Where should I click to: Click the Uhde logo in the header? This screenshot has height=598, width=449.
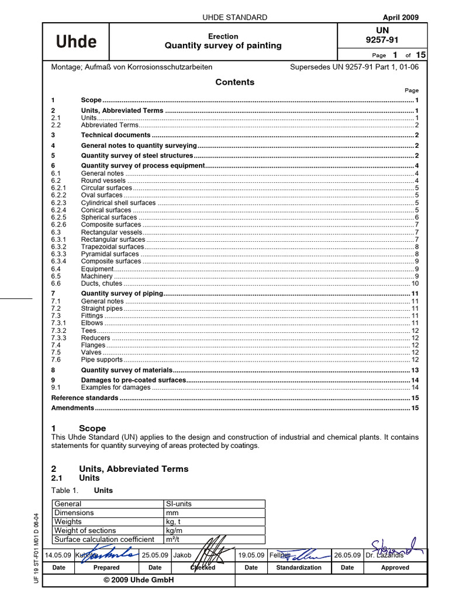[76, 41]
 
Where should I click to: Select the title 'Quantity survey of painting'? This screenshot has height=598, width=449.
[223, 46]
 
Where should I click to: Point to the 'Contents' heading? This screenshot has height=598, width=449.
[234, 82]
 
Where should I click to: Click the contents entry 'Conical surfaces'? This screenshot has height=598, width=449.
[106, 210]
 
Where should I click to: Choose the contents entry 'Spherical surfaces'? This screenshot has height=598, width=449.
[109, 217]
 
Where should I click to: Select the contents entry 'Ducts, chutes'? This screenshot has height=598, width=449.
[102, 283]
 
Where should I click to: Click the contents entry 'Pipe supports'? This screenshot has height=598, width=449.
[102, 360]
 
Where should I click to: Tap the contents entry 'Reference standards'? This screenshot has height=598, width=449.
[85, 398]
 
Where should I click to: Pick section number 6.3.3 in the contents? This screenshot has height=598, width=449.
[58, 254]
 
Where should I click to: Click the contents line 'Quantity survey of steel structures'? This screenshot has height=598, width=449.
[137, 156]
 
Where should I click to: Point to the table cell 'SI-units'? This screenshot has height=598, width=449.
[179, 504]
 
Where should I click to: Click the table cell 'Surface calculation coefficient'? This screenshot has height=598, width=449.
[104, 540]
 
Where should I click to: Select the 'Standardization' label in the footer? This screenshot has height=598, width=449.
[298, 567]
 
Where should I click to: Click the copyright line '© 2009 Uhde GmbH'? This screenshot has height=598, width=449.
[139, 580]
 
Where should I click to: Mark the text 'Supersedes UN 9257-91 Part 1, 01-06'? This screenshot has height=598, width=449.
[354, 67]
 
